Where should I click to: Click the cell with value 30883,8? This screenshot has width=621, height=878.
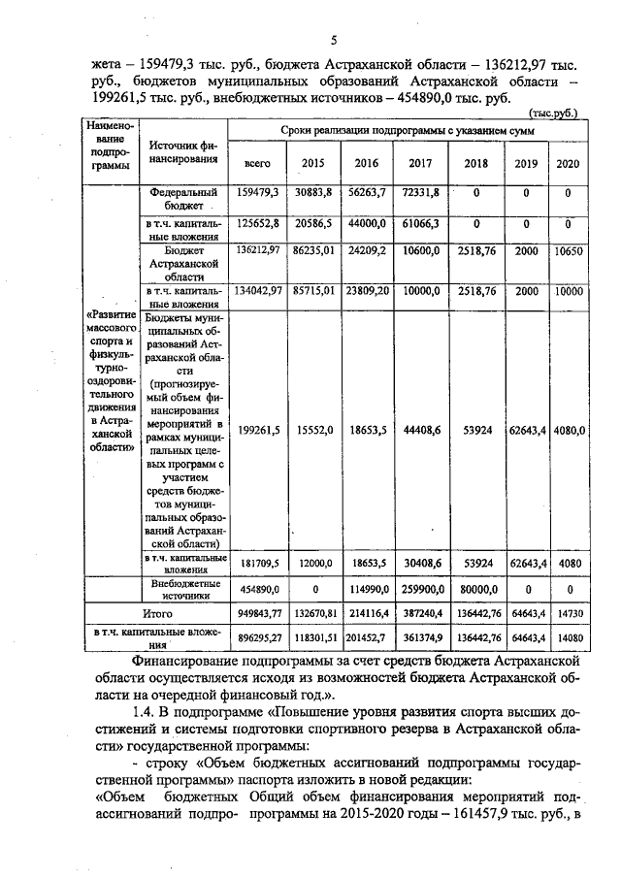click(312, 193)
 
